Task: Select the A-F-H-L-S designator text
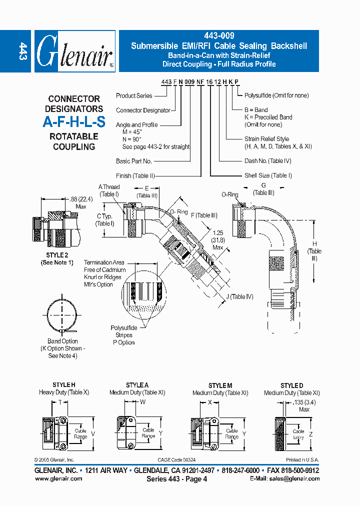[x=74, y=122]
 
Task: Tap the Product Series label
[x=134, y=95]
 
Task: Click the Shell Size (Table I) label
[x=268, y=175]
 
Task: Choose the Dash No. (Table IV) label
[x=268, y=161]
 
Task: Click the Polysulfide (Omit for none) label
[x=276, y=95]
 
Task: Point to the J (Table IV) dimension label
[x=239, y=296]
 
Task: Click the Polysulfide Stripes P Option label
[x=123, y=335]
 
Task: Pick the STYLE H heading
[x=64, y=385]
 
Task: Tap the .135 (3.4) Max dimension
[x=300, y=405]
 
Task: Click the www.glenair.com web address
[x=58, y=478]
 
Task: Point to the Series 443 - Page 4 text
[x=176, y=478]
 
